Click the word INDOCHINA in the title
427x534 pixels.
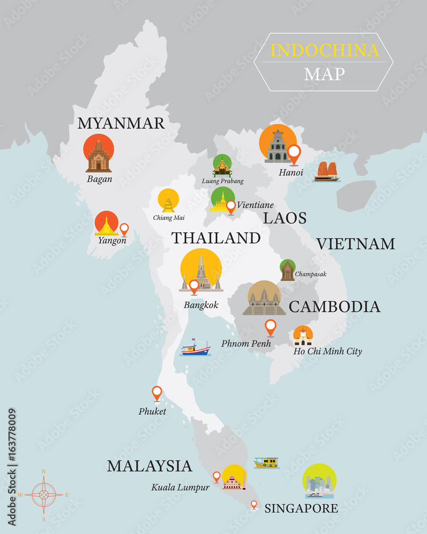pyautogui.click(x=325, y=50)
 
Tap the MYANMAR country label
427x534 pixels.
pyautogui.click(x=121, y=123)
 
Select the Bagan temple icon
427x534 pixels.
pyautogui.click(x=99, y=155)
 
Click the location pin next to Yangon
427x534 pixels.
pyautogui.click(x=124, y=229)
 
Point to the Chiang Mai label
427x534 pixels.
pyautogui.click(x=169, y=217)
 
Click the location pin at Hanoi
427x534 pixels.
pyautogui.click(x=294, y=154)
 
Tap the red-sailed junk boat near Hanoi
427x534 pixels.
pyautogui.click(x=326, y=172)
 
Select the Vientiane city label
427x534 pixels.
pyautogui.click(x=255, y=205)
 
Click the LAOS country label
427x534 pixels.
pyautogui.click(x=284, y=218)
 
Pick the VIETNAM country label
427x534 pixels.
pyautogui.click(x=355, y=244)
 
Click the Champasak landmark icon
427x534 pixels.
pyautogui.click(x=288, y=270)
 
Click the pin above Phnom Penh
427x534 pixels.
pyautogui.click(x=271, y=327)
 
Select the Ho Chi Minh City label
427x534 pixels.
pyautogui.click(x=327, y=351)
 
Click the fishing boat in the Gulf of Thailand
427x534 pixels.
pyautogui.click(x=195, y=348)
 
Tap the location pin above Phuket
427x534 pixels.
pyautogui.click(x=156, y=393)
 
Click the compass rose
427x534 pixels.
pyautogui.click(x=43, y=494)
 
